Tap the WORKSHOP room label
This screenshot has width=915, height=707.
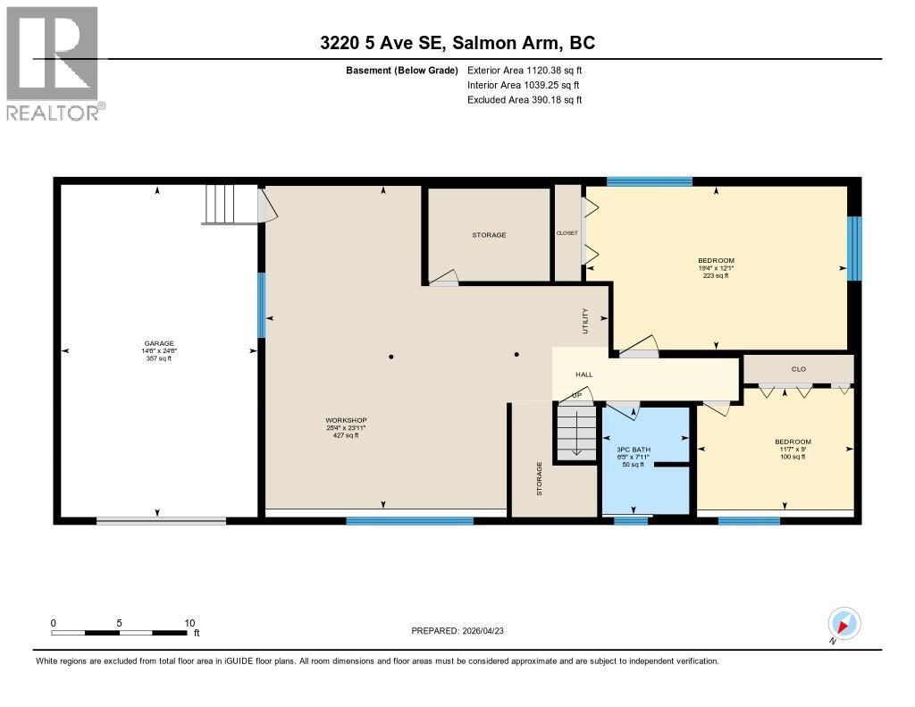click(x=346, y=420)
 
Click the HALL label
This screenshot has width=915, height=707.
click(x=583, y=375)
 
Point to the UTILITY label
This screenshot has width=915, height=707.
click(x=586, y=320)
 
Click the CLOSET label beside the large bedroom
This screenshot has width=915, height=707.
click(x=567, y=231)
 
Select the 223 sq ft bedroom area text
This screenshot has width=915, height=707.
click(x=716, y=276)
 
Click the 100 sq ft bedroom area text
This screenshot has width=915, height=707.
click(x=792, y=457)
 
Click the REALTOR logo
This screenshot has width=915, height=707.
click(x=54, y=63)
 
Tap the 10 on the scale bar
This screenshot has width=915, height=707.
click(x=189, y=623)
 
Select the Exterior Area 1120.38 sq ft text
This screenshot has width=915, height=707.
click(x=525, y=70)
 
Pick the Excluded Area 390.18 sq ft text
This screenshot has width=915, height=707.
click(x=525, y=100)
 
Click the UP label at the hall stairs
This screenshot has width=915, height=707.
click(x=577, y=395)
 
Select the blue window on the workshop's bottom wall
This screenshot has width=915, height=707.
click(x=409, y=520)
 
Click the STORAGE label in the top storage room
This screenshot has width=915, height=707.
click(x=489, y=235)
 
